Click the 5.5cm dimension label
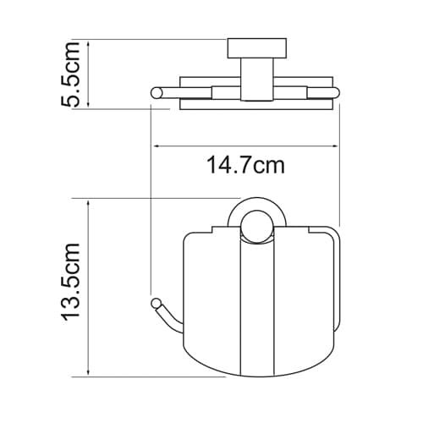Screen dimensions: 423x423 point(70,74)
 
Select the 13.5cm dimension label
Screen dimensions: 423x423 point(71,282)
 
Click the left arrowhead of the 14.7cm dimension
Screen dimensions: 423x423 point(157,146)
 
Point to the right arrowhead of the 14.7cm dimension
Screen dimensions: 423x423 point(334,146)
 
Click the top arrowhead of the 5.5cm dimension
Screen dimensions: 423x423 point(89,45)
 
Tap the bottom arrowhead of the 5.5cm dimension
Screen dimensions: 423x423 point(89,104)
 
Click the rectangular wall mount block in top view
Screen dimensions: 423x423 point(257,48)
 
